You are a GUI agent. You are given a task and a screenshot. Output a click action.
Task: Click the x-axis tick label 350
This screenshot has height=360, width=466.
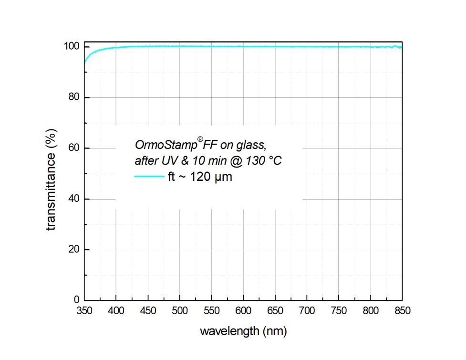[84, 311]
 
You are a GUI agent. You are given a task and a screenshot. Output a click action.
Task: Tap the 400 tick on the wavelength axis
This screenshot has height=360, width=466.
[116, 311]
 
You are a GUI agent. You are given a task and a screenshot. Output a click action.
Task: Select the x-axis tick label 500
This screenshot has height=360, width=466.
[179, 311]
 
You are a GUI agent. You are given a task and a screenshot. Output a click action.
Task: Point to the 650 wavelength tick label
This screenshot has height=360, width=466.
[275, 311]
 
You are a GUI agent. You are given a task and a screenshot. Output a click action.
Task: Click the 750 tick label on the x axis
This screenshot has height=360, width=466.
[338, 311]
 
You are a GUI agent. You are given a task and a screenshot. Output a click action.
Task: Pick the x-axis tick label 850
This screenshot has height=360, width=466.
[402, 311]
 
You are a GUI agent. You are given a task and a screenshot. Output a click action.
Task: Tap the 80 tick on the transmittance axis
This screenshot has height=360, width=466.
[74, 97]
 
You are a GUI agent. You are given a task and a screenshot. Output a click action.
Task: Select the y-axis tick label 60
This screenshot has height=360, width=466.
[74, 148]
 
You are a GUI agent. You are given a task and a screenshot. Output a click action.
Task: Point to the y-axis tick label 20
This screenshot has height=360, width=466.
[74, 250]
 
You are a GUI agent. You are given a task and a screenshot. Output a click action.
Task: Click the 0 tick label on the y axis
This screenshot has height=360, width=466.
[76, 300]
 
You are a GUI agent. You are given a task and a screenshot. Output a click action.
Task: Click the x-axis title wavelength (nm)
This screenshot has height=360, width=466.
[243, 331]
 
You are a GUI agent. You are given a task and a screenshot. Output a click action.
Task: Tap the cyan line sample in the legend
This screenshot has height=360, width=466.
[149, 177]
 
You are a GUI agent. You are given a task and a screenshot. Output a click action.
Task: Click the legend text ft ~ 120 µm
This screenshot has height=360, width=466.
[200, 178]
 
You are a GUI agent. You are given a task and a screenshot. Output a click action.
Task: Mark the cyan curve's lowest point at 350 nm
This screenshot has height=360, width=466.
[84, 62]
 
